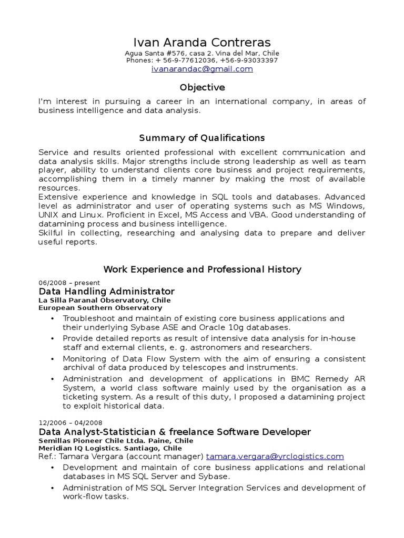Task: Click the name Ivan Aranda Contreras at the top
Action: (x=202, y=42)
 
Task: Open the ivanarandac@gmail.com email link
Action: (x=202, y=69)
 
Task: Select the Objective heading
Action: (x=202, y=87)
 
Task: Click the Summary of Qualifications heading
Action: (x=202, y=138)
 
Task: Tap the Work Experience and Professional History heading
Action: (x=202, y=269)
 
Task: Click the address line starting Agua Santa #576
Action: (x=202, y=53)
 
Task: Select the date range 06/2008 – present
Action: (x=69, y=283)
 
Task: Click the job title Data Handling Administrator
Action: (x=107, y=291)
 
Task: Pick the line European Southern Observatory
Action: (x=100, y=308)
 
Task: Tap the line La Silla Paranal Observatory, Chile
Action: (x=105, y=300)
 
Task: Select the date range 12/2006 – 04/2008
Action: (x=71, y=422)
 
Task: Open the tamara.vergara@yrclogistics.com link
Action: (x=275, y=457)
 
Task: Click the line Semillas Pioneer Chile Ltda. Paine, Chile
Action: (x=116, y=440)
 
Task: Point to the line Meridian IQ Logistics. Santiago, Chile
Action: (x=110, y=448)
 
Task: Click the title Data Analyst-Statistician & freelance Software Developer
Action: (x=175, y=432)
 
